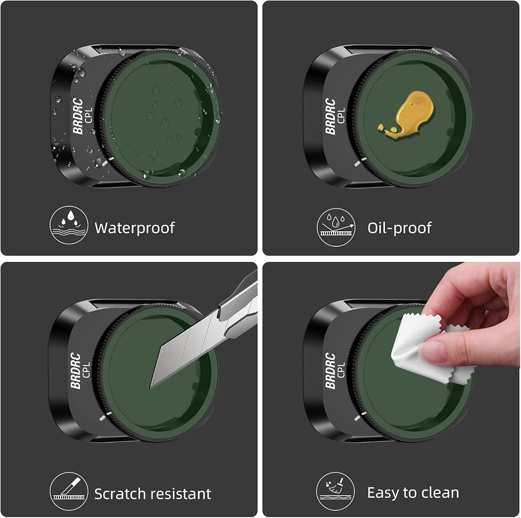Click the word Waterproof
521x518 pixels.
tap(134, 228)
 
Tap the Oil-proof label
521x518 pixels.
tap(400, 228)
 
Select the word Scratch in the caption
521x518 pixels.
tap(119, 494)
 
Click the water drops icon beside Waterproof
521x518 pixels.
tap(69, 225)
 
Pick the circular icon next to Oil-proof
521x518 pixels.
tap(336, 227)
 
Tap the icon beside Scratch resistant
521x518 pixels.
tap(69, 491)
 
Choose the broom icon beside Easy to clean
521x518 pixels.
tap(336, 491)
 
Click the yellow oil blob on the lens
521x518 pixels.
tap(408, 115)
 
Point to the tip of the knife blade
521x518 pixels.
tap(150, 388)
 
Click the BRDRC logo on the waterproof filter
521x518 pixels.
tap(78, 116)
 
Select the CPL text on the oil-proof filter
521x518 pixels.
tap(341, 115)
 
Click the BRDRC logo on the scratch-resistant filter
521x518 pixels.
tap(76, 371)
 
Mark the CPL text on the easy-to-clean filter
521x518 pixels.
tap(341, 370)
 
